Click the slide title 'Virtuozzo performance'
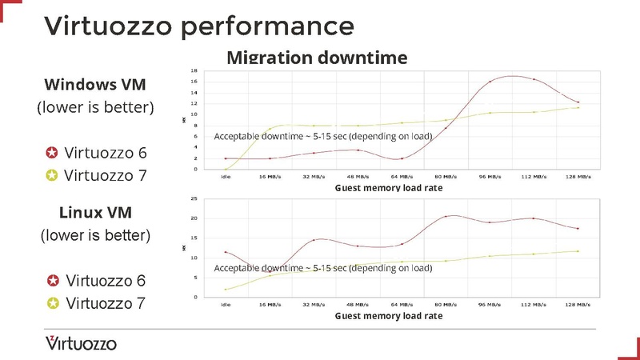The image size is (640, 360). [x=198, y=26]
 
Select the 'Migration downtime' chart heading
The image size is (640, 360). [x=317, y=58]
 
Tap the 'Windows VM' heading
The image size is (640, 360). [x=94, y=85]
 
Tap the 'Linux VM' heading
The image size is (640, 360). [x=94, y=213]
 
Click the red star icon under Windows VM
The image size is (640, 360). [x=52, y=153]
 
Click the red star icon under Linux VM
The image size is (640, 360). [x=52, y=281]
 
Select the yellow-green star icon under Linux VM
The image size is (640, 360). [x=52, y=303]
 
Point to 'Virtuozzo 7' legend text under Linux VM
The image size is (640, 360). [x=106, y=303]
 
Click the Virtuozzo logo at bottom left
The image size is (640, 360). [x=81, y=343]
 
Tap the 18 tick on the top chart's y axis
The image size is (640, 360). [x=194, y=70]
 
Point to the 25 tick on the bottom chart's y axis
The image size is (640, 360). [x=194, y=198]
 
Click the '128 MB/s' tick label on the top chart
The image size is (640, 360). [x=578, y=177]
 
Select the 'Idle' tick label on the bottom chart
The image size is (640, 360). [x=226, y=305]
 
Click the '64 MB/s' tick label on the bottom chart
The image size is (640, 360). [x=402, y=305]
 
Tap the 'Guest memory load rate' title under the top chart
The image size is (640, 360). [x=388, y=187]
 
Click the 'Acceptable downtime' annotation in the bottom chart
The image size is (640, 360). [x=322, y=268]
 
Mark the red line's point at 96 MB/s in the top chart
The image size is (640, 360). [x=490, y=82]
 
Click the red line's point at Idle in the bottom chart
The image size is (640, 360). [x=226, y=252]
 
